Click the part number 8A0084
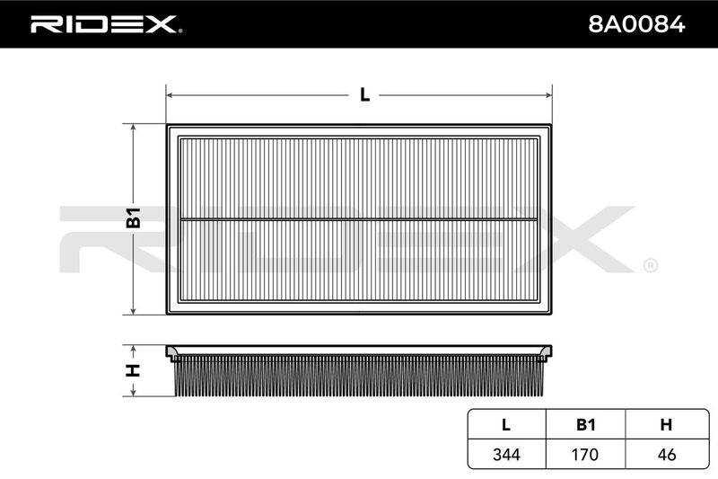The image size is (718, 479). click(x=636, y=24)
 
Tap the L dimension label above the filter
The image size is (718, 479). click(x=364, y=95)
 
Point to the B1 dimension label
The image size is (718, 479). click(x=133, y=217)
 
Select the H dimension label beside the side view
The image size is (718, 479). click(x=133, y=370)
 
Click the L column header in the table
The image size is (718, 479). click(x=506, y=424)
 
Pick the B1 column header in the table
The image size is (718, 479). click(x=585, y=424)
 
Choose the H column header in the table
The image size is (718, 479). click(x=666, y=424)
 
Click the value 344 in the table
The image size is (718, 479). click(x=506, y=454)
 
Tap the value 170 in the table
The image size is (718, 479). click(x=585, y=454)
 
